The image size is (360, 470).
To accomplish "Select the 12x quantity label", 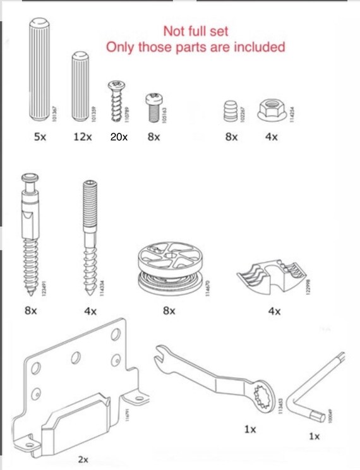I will pyautogui.click(x=82, y=136).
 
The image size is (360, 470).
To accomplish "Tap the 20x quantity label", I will pyautogui.click(x=119, y=136).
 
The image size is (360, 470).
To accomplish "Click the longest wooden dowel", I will pyautogui.click(x=40, y=71).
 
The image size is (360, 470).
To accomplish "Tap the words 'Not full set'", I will pyautogui.click(x=196, y=30).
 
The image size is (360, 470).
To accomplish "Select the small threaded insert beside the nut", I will pyautogui.click(x=229, y=112).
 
